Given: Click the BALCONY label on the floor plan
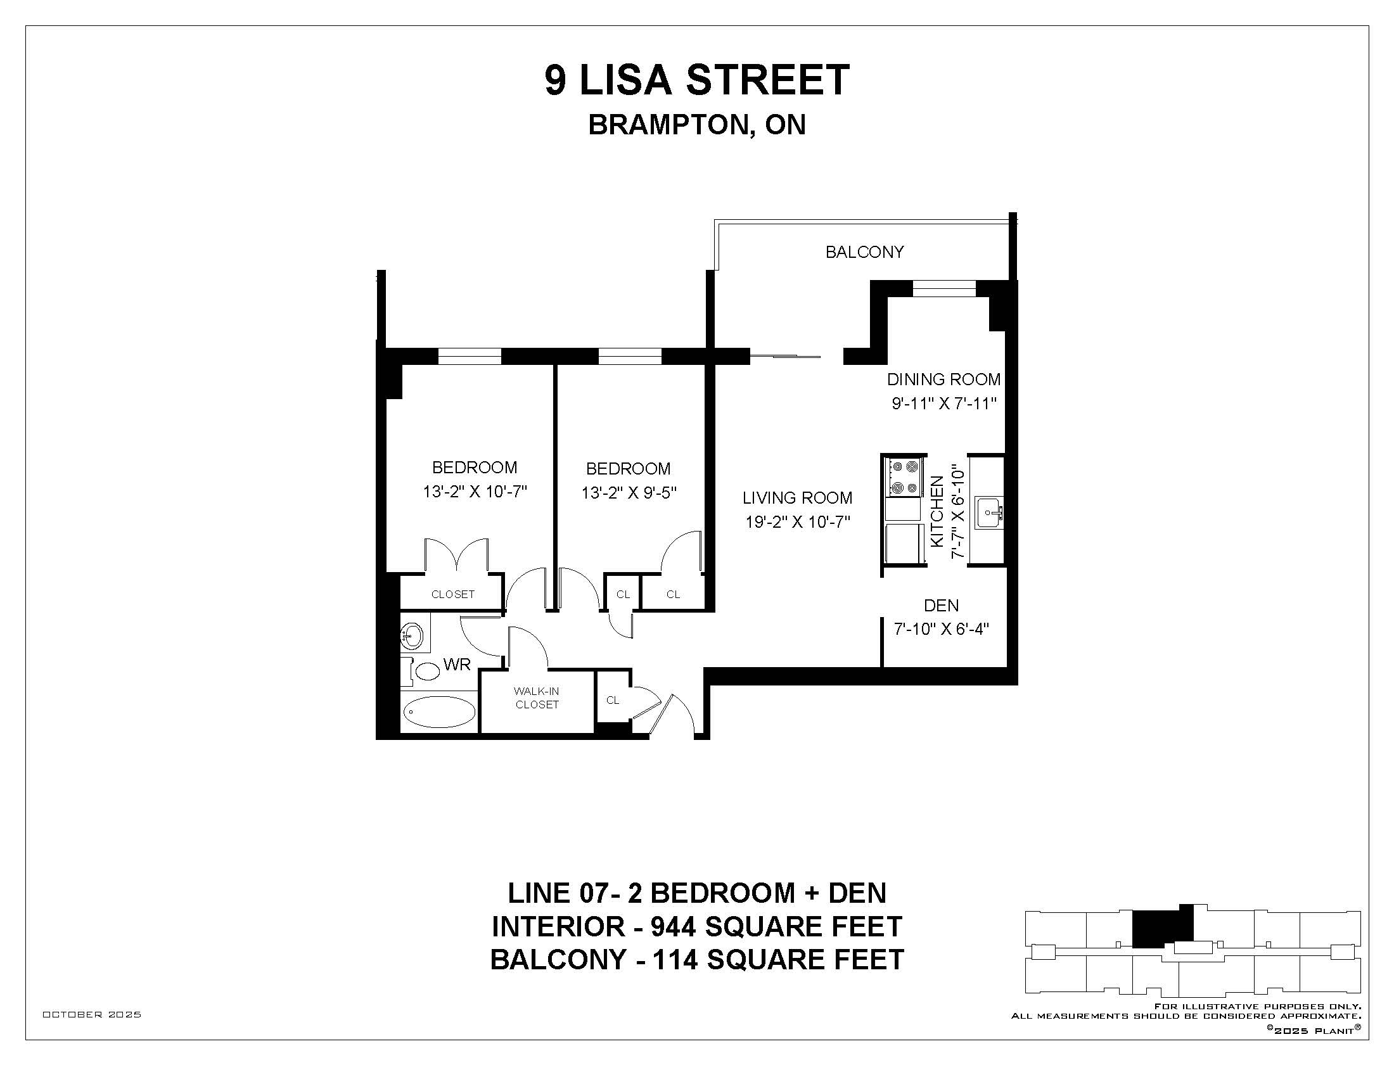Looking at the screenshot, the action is click(864, 252).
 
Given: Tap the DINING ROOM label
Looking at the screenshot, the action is click(943, 379).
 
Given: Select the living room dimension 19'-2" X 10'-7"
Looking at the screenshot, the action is click(798, 522).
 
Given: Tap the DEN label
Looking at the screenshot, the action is click(942, 605).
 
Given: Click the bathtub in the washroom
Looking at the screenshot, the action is click(440, 711).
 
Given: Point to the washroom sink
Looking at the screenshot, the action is click(412, 635).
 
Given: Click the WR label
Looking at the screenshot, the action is click(457, 664).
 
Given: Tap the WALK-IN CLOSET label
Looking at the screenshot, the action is click(537, 698).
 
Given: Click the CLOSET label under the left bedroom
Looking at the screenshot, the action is click(453, 594).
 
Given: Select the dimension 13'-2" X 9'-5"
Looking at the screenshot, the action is click(629, 493).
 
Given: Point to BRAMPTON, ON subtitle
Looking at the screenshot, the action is click(697, 125).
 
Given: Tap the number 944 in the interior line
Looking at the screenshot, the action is click(674, 926).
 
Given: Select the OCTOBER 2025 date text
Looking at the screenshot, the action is click(92, 1014).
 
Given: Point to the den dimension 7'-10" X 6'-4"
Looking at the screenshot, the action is click(942, 629).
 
